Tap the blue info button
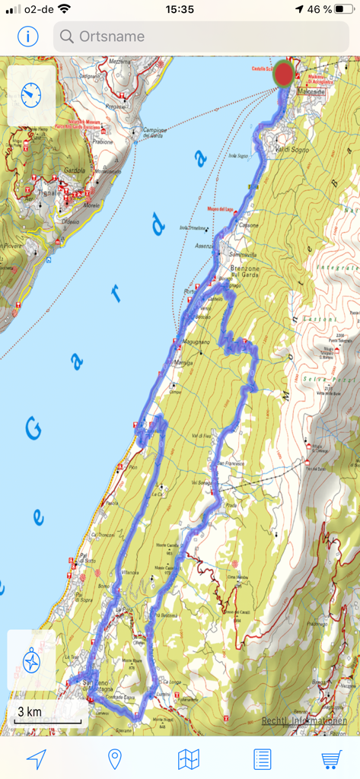pos(28,36)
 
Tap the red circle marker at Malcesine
pos(285,75)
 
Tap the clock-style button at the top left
pos(31,95)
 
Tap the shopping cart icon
pos(331,758)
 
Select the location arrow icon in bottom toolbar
pos(36,758)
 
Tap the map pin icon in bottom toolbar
pos(115,758)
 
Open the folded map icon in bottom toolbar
pos(188,758)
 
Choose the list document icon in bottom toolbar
pos(262,758)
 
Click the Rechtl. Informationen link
pos(304,720)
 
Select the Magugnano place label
pos(196,342)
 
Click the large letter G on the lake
pos(34,429)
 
